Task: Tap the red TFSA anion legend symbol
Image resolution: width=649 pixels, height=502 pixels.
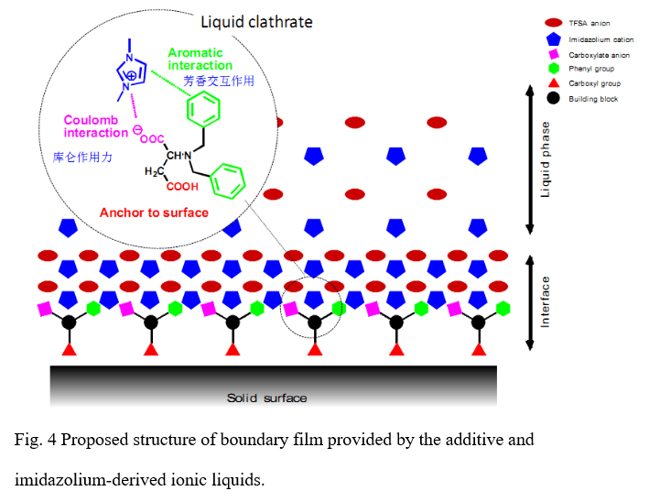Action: coord(552,23)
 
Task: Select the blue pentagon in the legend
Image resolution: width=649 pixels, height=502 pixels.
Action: coord(552,38)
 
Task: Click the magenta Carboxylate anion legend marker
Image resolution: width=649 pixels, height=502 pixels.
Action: coord(552,54)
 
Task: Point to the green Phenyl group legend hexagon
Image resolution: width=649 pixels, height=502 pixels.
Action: coord(552,69)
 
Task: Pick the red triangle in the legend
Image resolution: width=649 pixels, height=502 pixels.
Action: coord(552,83)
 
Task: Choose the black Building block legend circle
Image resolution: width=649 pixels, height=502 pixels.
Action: coord(552,98)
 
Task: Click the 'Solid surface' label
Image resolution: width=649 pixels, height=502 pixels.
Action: coord(266,398)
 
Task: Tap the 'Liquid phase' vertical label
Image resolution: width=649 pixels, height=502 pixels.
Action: coord(546,159)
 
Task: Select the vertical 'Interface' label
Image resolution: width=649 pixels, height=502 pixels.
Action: coord(546,303)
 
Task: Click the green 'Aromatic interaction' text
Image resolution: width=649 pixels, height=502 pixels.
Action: coord(200,59)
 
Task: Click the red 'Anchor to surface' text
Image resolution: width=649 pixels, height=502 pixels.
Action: coord(153,213)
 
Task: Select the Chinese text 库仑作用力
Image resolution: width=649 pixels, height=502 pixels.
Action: coord(83,157)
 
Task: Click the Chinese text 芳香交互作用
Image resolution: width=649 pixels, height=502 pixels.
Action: coord(219,81)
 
